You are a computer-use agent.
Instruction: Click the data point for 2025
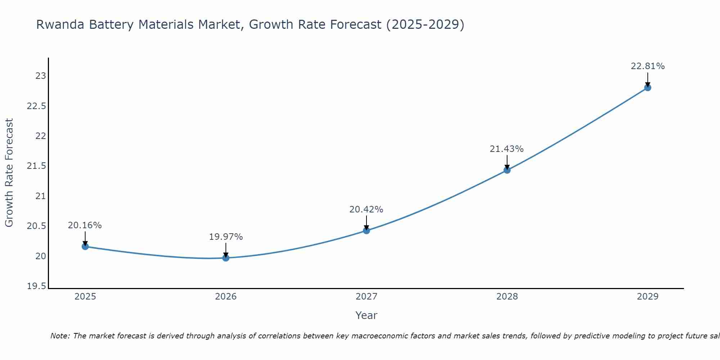(x=85, y=247)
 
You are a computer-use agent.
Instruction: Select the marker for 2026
(x=226, y=258)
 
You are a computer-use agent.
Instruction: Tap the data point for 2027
(x=366, y=230)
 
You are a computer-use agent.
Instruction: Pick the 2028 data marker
(x=507, y=170)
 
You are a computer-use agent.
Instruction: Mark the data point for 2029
(x=648, y=87)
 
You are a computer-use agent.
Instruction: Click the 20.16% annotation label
(x=85, y=225)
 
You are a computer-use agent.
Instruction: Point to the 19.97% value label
(x=226, y=237)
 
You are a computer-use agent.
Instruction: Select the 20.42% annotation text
(x=366, y=209)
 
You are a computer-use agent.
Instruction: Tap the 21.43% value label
(x=507, y=149)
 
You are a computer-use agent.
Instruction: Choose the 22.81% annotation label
(x=648, y=66)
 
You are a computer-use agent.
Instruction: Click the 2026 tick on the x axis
(x=226, y=297)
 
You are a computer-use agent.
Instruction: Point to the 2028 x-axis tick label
(x=507, y=297)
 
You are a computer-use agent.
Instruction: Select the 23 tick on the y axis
(x=41, y=76)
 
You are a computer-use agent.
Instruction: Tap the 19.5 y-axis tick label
(x=37, y=286)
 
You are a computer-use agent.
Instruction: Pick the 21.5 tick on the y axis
(x=37, y=166)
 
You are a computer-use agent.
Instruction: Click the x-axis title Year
(x=366, y=315)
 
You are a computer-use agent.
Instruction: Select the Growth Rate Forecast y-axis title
(x=9, y=172)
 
